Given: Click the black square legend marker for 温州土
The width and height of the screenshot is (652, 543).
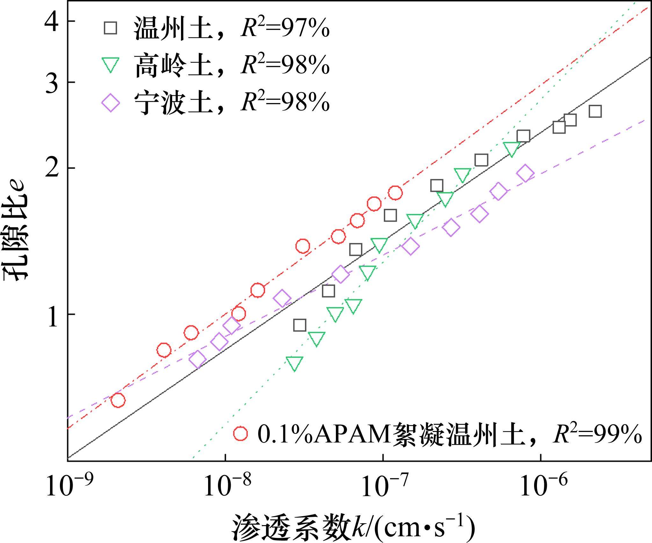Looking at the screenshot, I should pyautogui.click(x=110, y=28).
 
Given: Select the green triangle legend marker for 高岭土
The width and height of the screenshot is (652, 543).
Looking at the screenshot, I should pyautogui.click(x=110, y=64).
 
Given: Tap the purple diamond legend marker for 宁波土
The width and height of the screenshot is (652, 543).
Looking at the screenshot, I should pyautogui.click(x=110, y=103).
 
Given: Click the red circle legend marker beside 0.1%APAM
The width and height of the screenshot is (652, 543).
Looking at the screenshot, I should pyautogui.click(x=240, y=433).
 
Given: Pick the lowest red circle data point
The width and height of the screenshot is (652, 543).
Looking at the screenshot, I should pyautogui.click(x=118, y=400).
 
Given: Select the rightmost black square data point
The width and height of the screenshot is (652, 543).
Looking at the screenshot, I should pyautogui.click(x=595, y=112).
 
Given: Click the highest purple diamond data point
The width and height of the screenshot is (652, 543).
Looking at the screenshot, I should pyautogui.click(x=525, y=174).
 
